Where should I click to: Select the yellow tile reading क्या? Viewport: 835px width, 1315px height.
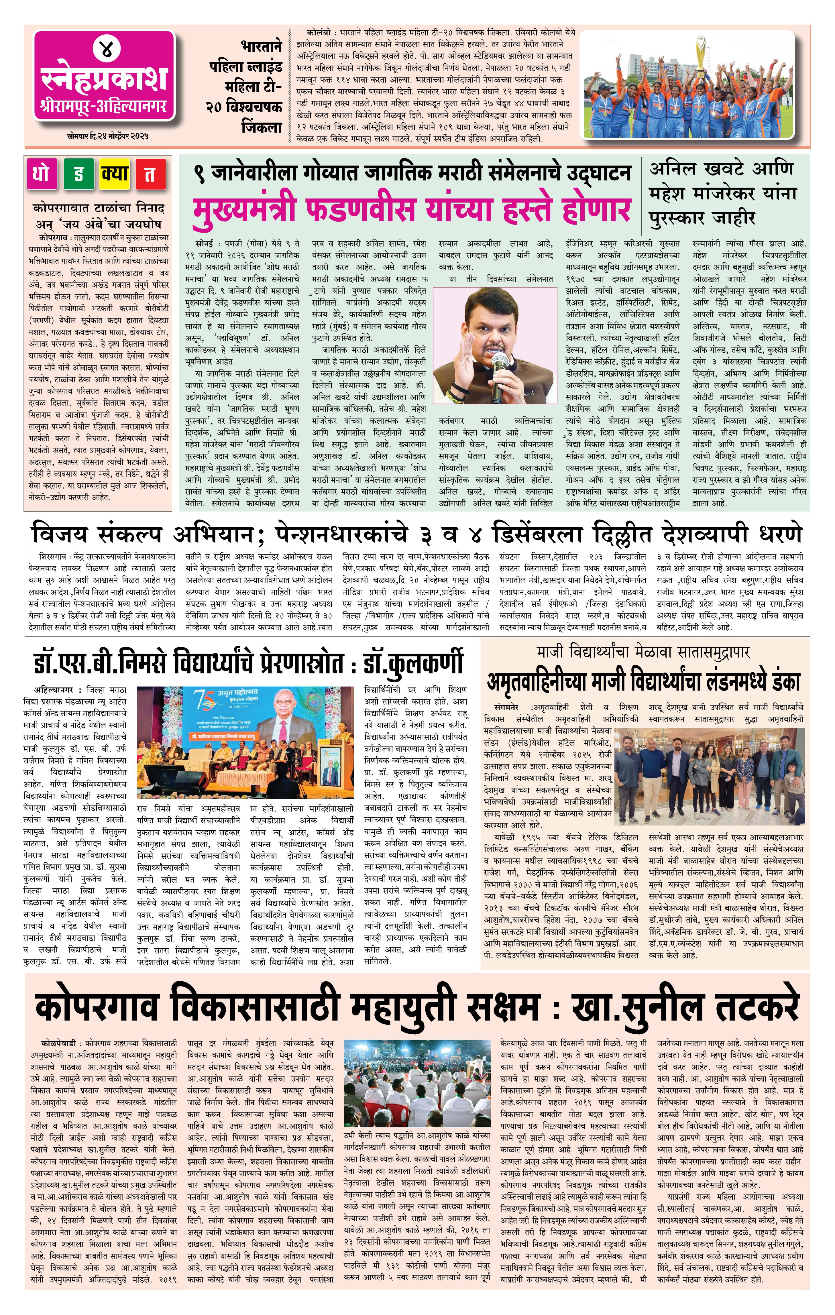(x=115, y=174)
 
